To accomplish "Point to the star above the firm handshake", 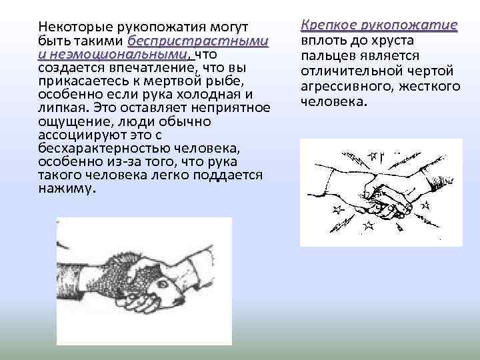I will click(x=373, y=157).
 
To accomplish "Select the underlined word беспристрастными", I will click(x=198, y=41).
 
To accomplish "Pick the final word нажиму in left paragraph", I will click(x=67, y=188).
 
